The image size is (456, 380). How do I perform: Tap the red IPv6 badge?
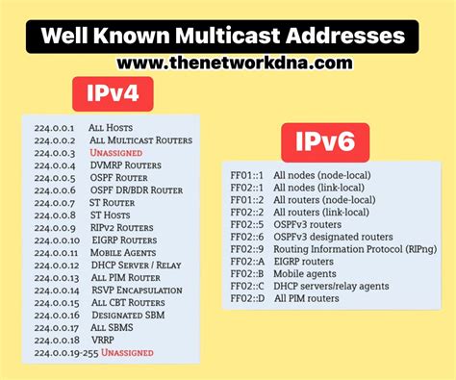click(x=325, y=144)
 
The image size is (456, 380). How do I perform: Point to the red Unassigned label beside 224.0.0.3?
click(x=116, y=152)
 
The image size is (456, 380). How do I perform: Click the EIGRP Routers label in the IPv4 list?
click(x=125, y=241)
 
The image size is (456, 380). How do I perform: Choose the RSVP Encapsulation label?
click(x=139, y=291)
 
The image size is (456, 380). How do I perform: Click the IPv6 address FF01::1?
click(x=248, y=175)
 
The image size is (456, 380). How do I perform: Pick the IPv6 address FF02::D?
click(x=249, y=298)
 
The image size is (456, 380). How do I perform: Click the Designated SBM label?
click(x=130, y=316)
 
